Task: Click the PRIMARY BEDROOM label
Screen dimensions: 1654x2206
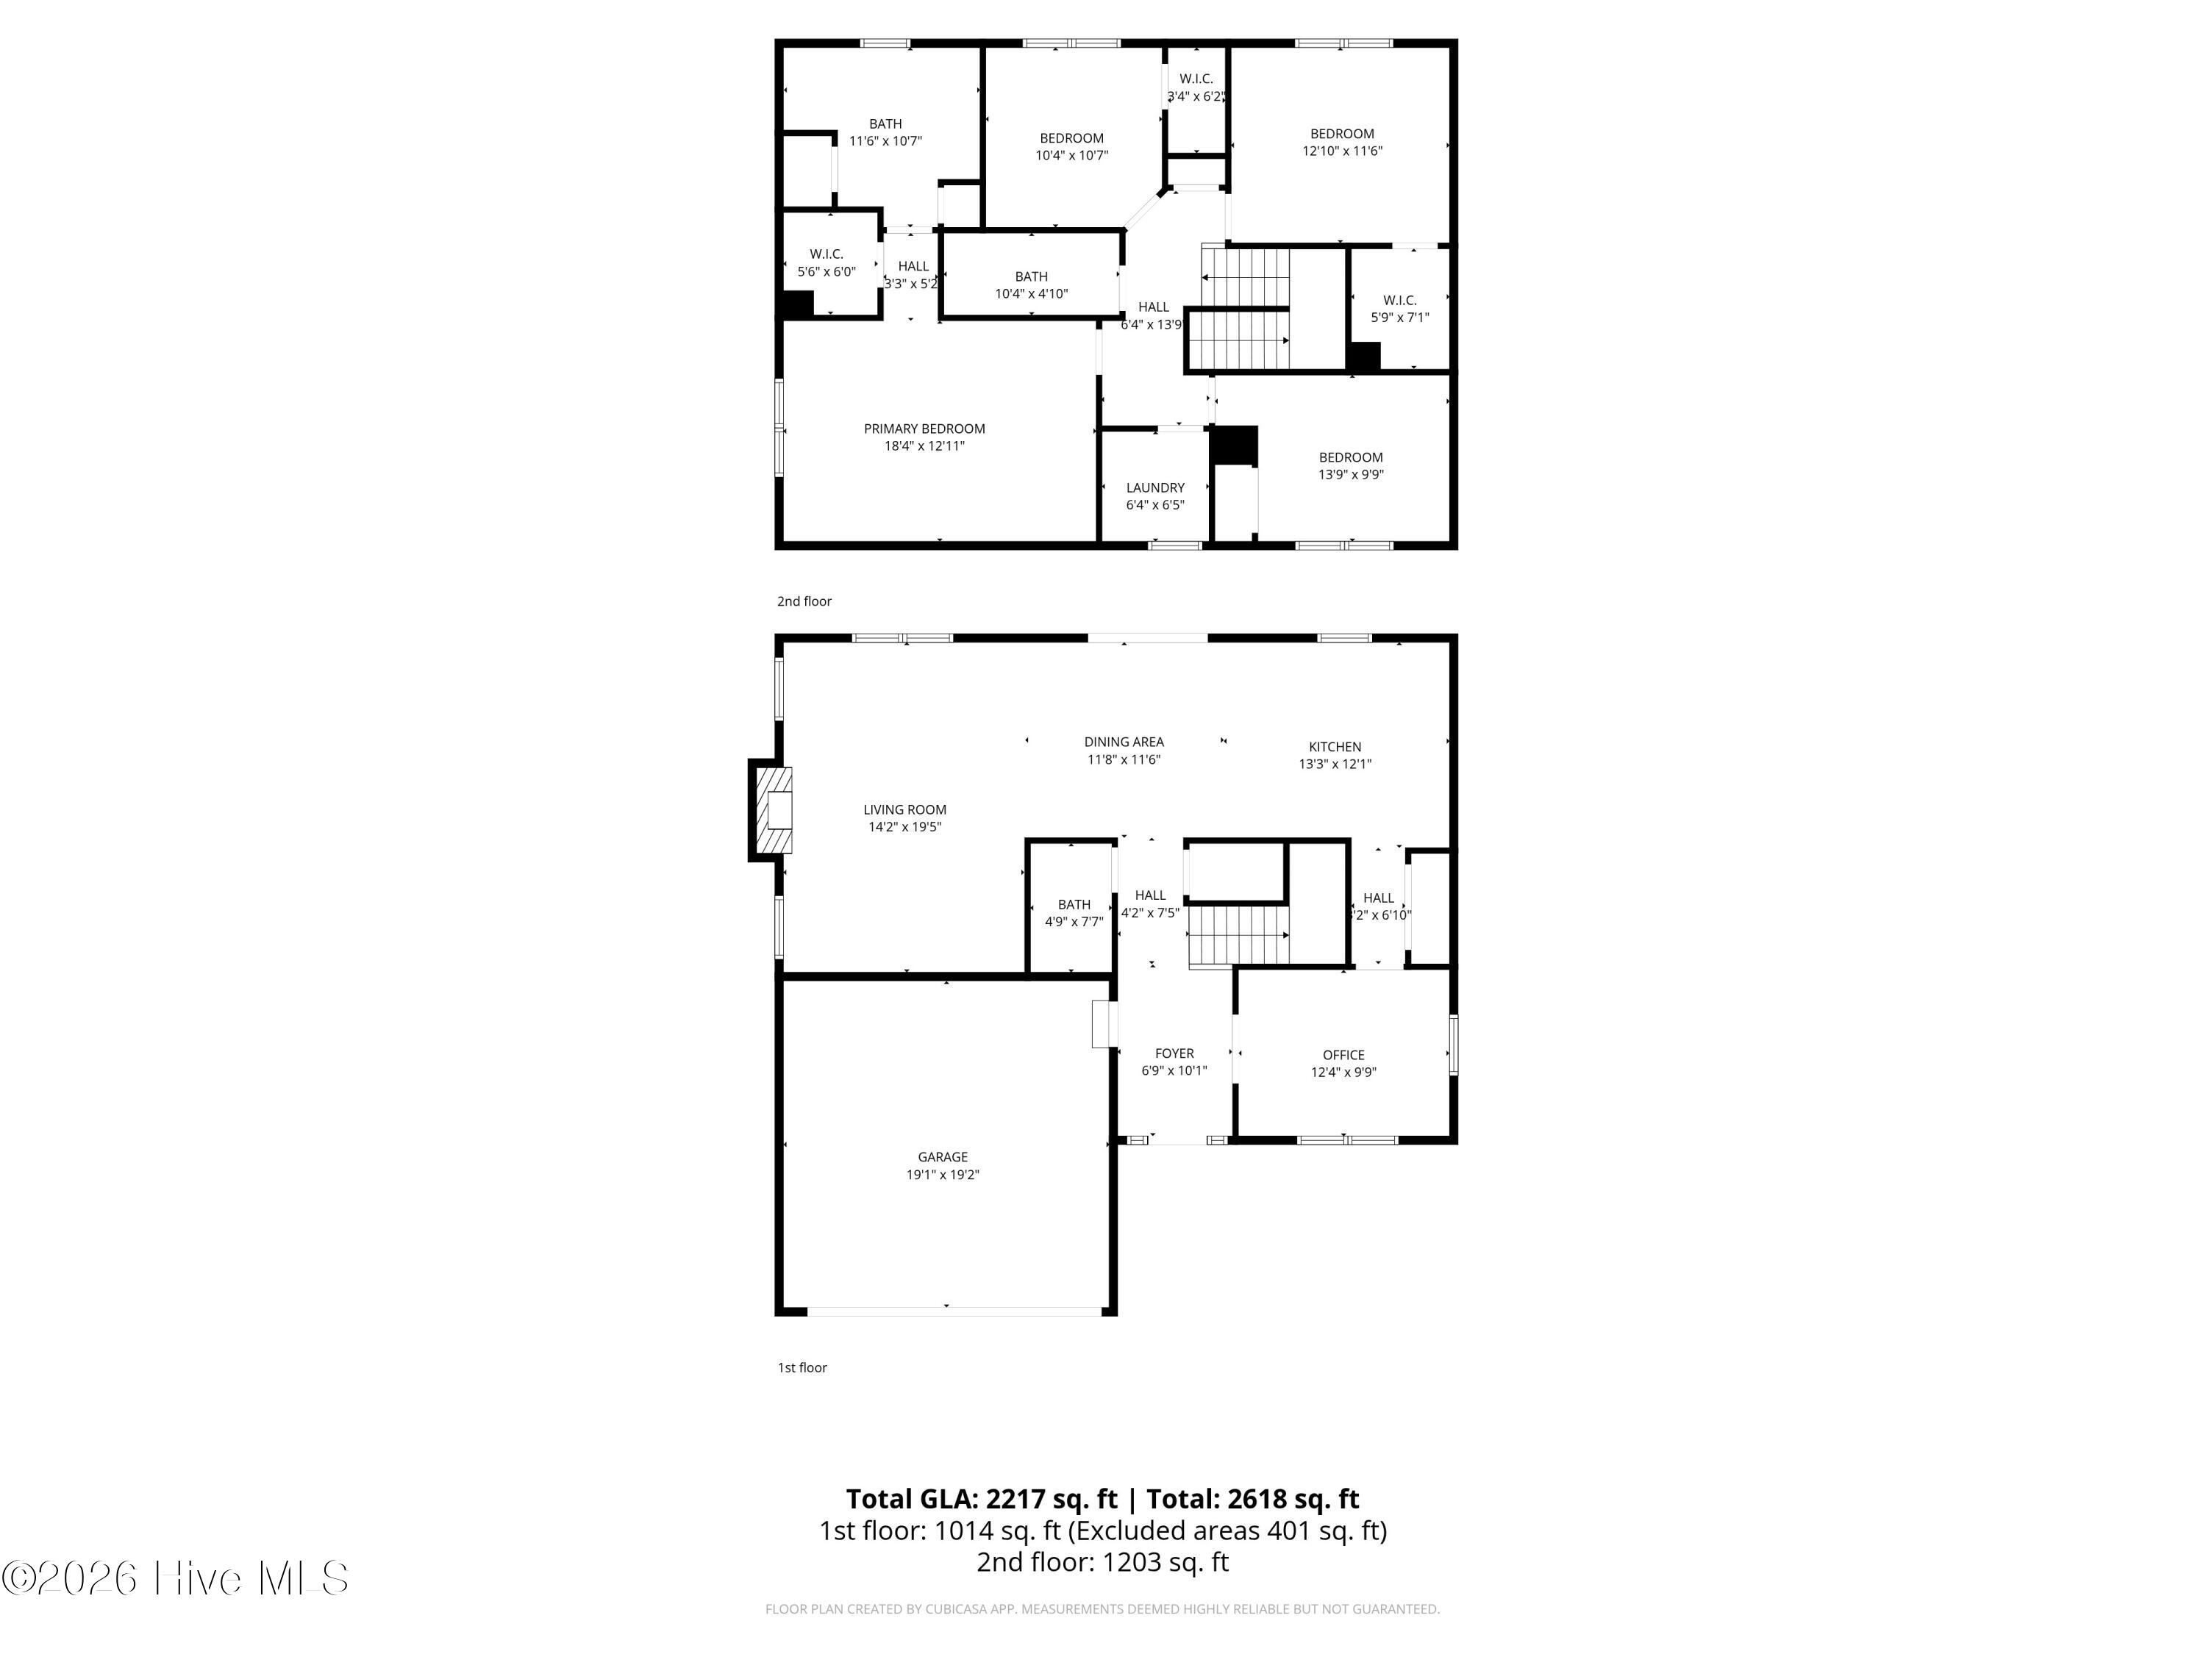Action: [x=924, y=429]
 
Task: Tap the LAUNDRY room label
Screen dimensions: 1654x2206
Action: [x=1155, y=487]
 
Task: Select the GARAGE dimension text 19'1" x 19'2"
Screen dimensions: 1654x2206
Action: [x=943, y=1175]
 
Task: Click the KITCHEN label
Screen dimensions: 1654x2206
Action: [x=1335, y=747]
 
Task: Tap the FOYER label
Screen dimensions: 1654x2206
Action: [x=1174, y=1053]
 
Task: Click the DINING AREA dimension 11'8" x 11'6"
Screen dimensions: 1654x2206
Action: [x=1123, y=759]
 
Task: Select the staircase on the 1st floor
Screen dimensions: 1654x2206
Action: [x=1238, y=935]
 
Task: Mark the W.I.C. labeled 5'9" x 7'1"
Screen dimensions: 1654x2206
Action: [x=1399, y=309]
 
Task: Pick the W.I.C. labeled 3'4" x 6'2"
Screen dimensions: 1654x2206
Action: [x=1196, y=87]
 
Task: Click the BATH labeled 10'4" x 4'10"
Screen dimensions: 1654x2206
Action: [x=1031, y=285]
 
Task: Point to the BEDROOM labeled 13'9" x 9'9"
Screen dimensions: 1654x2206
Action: [x=1350, y=465]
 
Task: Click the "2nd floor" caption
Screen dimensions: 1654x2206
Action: [x=804, y=601]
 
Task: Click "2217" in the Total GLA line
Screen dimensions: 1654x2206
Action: [x=1016, y=1498]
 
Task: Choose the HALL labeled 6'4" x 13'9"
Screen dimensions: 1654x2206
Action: [x=1153, y=315]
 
